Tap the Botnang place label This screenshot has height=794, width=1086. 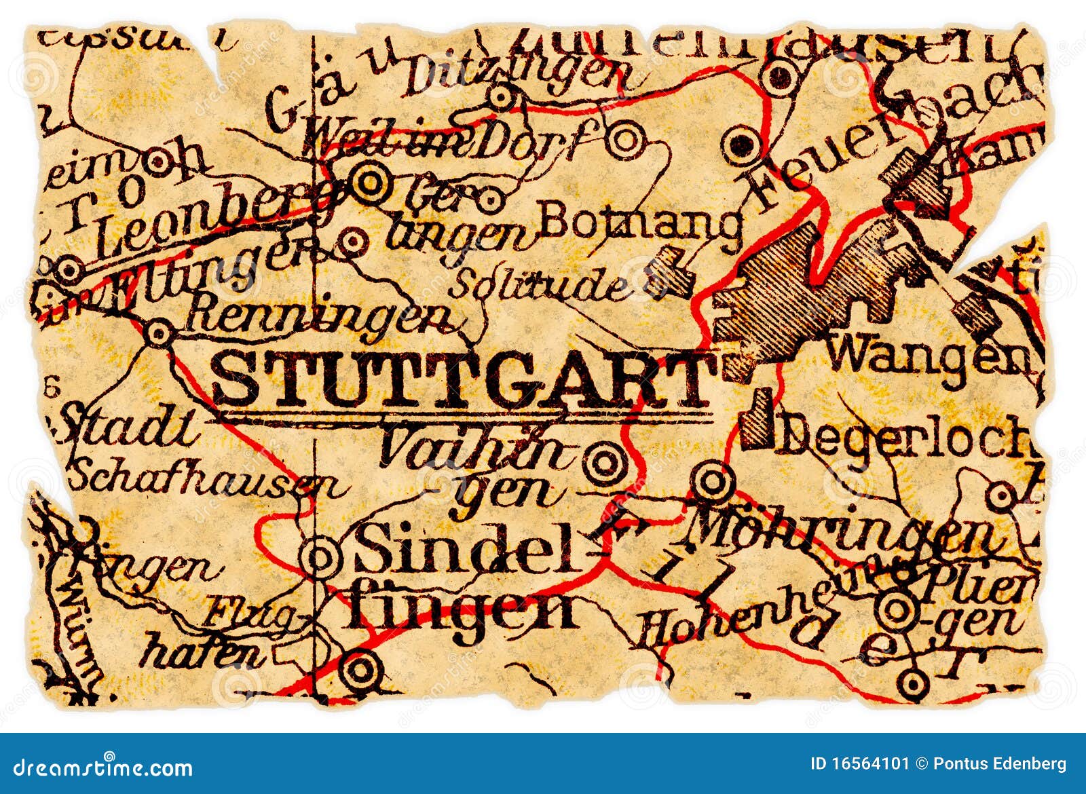click(x=641, y=224)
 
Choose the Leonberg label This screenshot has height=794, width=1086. click(x=210, y=217)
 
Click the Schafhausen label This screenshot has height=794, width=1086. click(x=204, y=478)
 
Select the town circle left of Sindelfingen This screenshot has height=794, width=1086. click(x=320, y=558)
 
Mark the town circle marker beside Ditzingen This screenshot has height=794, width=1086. click(x=502, y=97)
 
